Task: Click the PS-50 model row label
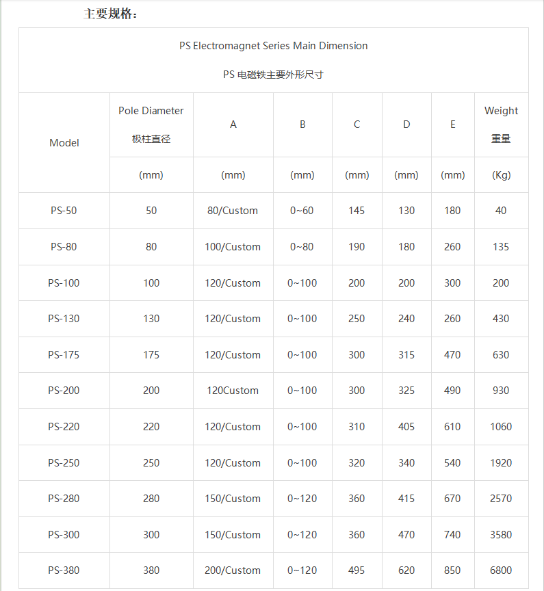tap(64, 211)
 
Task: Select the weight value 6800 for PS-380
tap(501, 570)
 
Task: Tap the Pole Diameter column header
tap(151, 111)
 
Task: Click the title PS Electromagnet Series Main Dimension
tap(274, 46)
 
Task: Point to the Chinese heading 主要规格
tap(110, 14)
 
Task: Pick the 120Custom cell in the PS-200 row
tap(233, 391)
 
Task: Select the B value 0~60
tap(302, 211)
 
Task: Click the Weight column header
tap(501, 111)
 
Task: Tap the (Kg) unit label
tap(501, 175)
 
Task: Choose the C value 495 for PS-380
tap(357, 570)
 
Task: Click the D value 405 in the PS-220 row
tap(406, 427)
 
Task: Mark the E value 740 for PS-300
tap(452, 535)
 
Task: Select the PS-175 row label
tap(64, 355)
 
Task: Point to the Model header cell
tap(64, 143)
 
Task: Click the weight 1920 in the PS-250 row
tap(501, 463)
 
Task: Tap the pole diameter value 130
tap(151, 319)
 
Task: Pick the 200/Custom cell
tap(233, 570)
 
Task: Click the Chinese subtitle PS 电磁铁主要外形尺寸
tap(273, 75)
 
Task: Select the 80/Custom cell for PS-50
tap(233, 211)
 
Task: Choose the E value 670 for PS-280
tap(452, 499)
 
